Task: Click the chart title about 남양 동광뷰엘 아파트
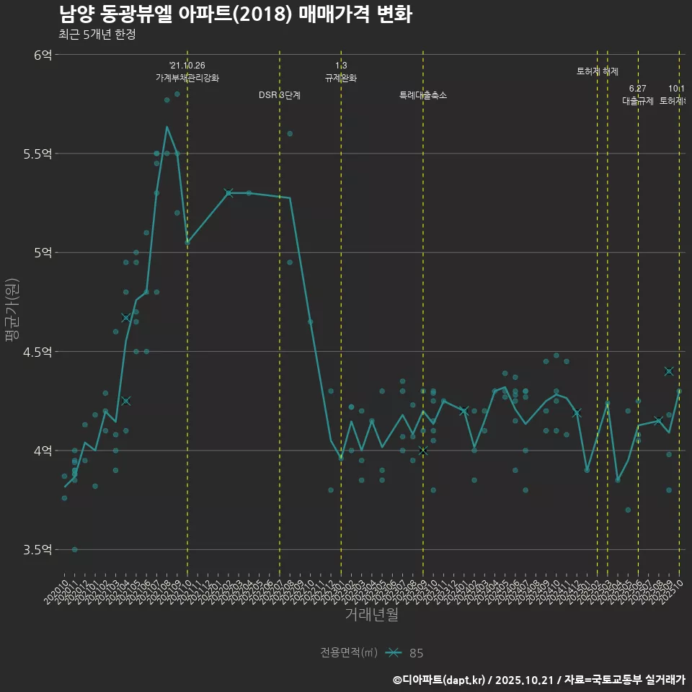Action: (235, 14)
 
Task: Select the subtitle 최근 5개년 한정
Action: (97, 35)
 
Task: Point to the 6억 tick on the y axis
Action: (43, 55)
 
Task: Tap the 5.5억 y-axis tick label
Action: (37, 154)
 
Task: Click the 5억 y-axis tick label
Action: (43, 252)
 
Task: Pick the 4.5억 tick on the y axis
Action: (37, 352)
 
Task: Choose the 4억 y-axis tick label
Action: (43, 451)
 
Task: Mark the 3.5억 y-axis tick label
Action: (37, 550)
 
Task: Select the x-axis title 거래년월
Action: (371, 615)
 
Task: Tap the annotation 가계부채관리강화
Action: (187, 78)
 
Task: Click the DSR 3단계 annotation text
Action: (280, 95)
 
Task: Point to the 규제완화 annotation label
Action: (341, 78)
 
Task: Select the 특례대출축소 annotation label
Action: (423, 95)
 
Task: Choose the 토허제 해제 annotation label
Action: (598, 71)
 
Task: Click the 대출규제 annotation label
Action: (638, 101)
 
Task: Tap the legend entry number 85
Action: (416, 653)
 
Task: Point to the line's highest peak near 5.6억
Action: (167, 127)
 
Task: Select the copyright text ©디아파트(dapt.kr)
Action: (440, 680)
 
